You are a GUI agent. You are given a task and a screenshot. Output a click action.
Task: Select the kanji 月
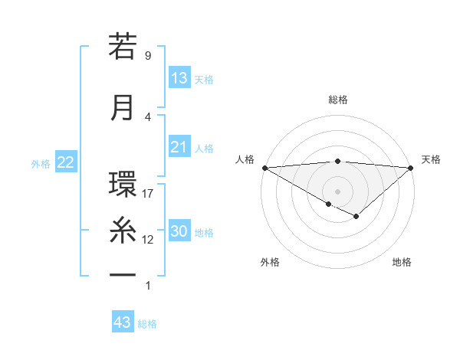[x=123, y=107]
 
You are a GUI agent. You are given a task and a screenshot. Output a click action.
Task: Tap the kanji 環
[x=123, y=186]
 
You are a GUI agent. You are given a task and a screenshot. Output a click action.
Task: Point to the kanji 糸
[x=123, y=230]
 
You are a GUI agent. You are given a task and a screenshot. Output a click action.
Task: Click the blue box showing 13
[x=179, y=78]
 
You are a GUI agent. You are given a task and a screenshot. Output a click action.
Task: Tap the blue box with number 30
[x=179, y=232]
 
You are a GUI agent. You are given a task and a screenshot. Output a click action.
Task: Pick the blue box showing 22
[x=65, y=162]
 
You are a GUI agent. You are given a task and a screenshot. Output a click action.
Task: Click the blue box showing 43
[x=123, y=322]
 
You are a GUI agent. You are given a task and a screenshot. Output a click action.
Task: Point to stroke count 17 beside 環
[x=148, y=194]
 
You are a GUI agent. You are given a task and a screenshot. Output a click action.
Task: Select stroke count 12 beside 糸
[x=148, y=240]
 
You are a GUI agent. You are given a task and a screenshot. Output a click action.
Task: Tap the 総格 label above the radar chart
[x=337, y=100]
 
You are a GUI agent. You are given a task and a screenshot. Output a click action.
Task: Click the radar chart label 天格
[x=431, y=159]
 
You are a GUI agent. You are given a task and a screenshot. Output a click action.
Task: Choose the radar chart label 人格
[x=245, y=159]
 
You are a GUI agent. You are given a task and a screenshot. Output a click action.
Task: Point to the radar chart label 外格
[x=270, y=262]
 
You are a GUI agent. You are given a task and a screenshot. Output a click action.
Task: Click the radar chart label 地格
[x=402, y=262]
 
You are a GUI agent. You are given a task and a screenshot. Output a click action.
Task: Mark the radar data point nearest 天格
[x=411, y=167]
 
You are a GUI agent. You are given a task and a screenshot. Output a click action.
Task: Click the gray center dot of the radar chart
[x=337, y=190]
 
